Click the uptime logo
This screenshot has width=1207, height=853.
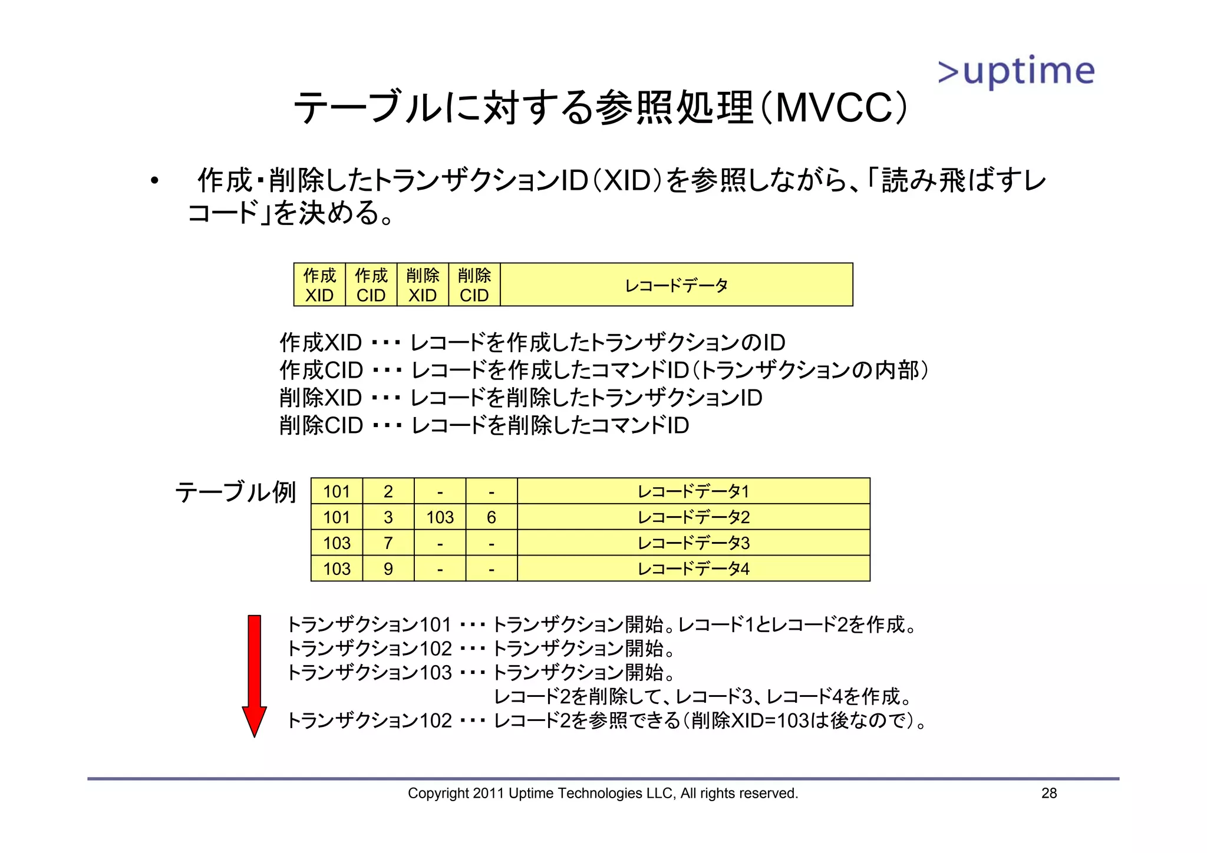click(1016, 71)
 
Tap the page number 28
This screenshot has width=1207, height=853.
click(1049, 793)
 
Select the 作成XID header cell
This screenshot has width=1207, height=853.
click(319, 285)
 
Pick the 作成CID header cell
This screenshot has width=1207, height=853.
click(371, 285)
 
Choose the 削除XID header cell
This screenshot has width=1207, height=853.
click(423, 285)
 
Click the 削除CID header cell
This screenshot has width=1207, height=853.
click(474, 285)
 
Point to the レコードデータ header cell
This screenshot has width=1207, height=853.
click(676, 285)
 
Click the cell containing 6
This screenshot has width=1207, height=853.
click(492, 517)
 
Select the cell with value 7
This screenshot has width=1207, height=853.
click(388, 543)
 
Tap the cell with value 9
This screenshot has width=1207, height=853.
click(388, 568)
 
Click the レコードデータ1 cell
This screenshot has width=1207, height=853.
click(693, 491)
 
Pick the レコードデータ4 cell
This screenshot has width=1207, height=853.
click(693, 568)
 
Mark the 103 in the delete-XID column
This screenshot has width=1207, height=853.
click(440, 517)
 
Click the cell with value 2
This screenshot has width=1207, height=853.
click(388, 491)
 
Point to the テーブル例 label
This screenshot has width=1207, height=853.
click(235, 492)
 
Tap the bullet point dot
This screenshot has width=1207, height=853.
click(154, 180)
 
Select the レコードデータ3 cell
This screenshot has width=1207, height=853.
click(693, 543)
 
